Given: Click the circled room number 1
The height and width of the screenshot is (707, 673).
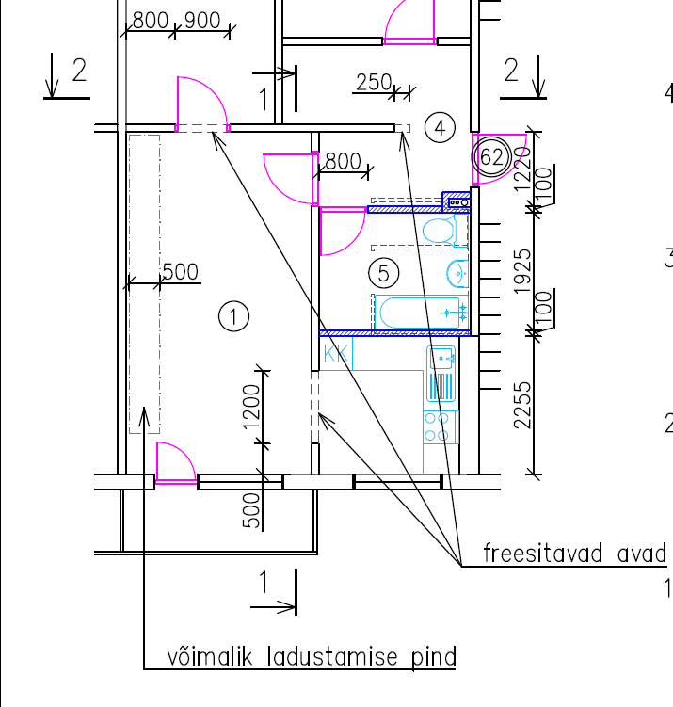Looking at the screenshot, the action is click(233, 316).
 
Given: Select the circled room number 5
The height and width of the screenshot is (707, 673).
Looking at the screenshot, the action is click(384, 273).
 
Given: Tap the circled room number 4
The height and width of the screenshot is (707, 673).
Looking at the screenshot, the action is click(440, 128).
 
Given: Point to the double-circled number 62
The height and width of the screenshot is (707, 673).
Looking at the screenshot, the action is click(491, 157).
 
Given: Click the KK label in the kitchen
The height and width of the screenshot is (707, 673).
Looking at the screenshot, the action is click(336, 354).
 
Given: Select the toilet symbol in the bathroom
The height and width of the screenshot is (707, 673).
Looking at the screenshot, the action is click(443, 231).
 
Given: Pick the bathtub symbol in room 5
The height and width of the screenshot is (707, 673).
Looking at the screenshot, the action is click(422, 312).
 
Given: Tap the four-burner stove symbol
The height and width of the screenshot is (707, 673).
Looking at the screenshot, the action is click(441, 427).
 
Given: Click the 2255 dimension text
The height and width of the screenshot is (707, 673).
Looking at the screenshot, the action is click(522, 406).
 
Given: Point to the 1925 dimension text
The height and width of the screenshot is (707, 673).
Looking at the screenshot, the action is click(522, 271).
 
